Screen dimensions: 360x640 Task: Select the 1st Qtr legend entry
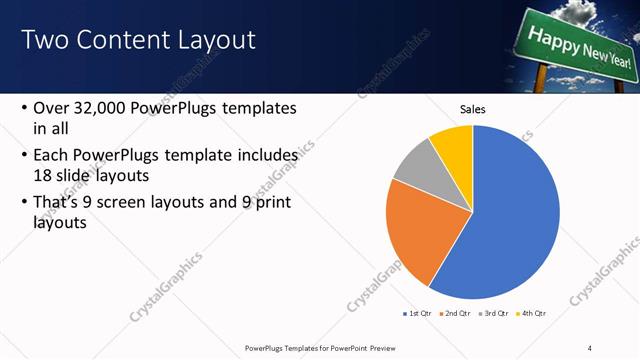(418, 314)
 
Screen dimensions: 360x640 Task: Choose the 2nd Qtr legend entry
(458, 314)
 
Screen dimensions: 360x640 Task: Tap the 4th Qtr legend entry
(532, 314)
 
